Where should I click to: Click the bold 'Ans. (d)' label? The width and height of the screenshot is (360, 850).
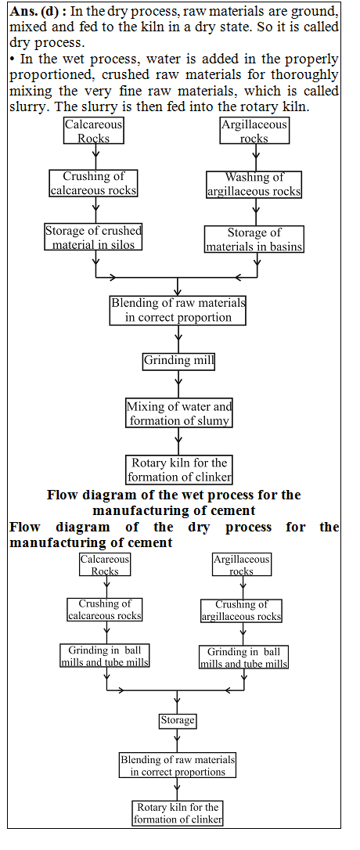36,11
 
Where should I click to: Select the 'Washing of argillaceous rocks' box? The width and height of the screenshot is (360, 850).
254,184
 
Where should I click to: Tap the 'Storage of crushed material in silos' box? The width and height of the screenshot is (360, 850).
94,237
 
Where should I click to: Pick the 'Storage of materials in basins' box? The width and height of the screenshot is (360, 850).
254,240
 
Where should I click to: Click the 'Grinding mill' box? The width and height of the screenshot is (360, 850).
178,361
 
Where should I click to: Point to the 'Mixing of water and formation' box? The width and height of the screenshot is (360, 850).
179,413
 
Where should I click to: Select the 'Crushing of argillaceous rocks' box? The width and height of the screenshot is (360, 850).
241,610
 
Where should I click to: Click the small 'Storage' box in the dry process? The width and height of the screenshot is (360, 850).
178,720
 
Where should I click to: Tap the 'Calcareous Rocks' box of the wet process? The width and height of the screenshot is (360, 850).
94,131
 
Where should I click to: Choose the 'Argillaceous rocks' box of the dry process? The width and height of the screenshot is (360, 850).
242,565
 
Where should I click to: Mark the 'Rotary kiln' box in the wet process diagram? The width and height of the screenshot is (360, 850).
179,470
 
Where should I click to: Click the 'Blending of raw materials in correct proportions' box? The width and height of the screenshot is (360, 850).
178,765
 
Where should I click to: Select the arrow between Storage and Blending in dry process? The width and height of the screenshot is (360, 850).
178,740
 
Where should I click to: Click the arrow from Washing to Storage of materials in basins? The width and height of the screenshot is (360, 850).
254,211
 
